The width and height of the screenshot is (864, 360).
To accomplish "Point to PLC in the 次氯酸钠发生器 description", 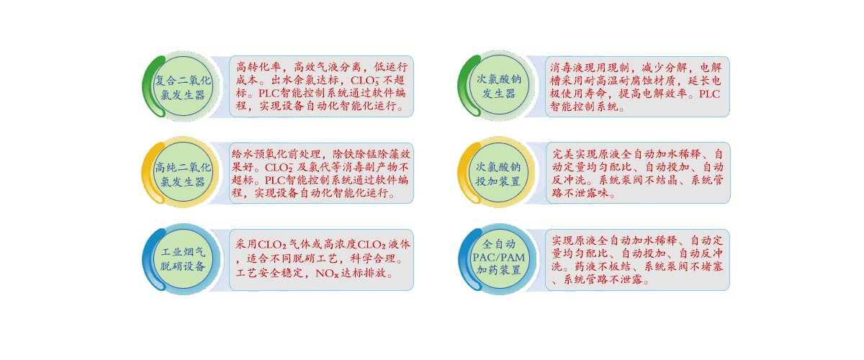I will tap(708, 94).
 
